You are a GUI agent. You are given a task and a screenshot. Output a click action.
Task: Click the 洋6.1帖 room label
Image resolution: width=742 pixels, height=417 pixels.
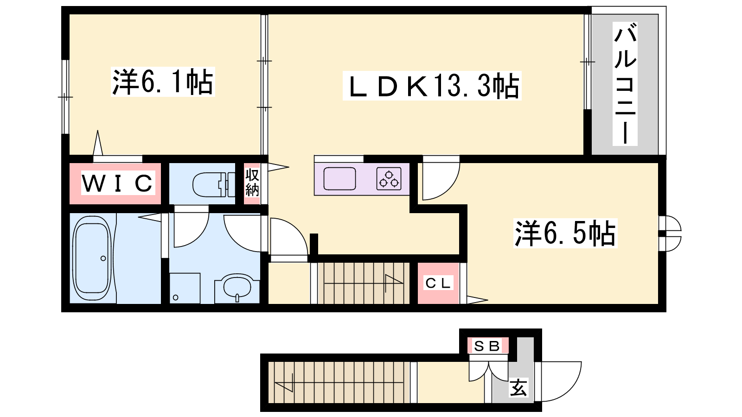pyautogui.click(x=163, y=82)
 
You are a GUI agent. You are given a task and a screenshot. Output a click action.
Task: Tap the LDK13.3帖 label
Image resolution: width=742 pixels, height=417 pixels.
pyautogui.click(x=432, y=85)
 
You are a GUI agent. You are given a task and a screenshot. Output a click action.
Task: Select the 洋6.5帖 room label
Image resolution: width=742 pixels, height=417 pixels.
pyautogui.click(x=565, y=233)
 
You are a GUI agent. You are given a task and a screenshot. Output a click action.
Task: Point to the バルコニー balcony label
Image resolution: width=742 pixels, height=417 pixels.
pyautogui.click(x=625, y=84)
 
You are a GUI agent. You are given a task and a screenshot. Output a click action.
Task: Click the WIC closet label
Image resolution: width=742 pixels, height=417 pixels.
pyautogui.click(x=118, y=183)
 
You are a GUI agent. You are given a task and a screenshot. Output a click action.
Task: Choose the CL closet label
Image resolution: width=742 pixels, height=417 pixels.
pyautogui.click(x=438, y=283)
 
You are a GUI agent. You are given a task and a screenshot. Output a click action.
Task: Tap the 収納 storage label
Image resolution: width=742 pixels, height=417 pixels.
pyautogui.click(x=252, y=183)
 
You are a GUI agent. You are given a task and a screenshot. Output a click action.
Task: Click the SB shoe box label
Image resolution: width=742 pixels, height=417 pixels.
pyautogui.click(x=487, y=346)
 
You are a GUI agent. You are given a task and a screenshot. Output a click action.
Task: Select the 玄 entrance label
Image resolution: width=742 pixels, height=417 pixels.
pyautogui.click(x=518, y=387)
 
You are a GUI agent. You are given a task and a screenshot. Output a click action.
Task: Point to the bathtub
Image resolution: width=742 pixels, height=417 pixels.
pyautogui.click(x=92, y=258)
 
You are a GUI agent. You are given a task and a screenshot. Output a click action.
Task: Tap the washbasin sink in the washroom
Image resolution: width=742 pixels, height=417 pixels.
pyautogui.click(x=237, y=287)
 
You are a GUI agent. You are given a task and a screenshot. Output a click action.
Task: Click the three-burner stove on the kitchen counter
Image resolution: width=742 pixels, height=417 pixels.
pyautogui.click(x=389, y=179)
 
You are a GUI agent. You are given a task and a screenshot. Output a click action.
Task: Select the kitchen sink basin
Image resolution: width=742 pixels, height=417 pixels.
pyautogui.click(x=339, y=179)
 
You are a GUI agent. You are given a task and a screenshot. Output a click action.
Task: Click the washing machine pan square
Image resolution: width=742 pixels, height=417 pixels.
pyautogui.click(x=185, y=288)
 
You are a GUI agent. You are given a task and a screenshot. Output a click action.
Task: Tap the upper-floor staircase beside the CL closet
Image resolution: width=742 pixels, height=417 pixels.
pyautogui.click(x=364, y=283)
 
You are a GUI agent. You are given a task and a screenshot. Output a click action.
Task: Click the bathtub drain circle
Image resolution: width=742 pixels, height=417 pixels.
pyautogui.click(x=103, y=258)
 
